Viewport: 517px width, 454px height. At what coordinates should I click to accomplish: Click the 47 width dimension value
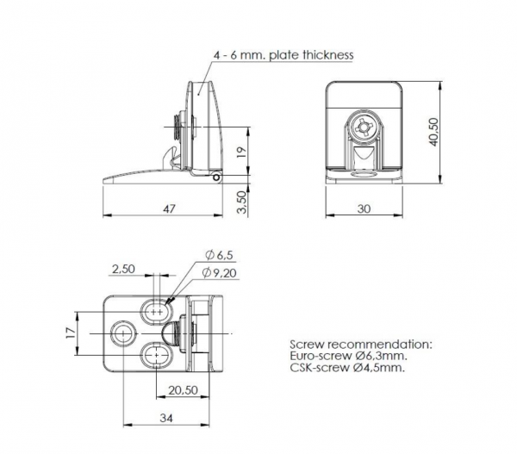(x=169, y=208)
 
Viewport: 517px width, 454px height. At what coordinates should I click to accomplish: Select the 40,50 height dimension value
(x=433, y=132)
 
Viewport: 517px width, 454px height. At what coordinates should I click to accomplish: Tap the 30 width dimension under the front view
(x=364, y=208)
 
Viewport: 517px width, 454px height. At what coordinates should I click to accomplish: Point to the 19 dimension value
(x=241, y=152)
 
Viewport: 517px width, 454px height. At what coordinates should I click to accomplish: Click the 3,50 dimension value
(x=242, y=202)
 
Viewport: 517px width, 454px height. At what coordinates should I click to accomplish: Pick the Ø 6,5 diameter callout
(x=219, y=255)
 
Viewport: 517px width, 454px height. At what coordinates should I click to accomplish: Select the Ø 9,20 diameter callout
(x=220, y=273)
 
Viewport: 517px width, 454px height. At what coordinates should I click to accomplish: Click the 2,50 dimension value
(x=123, y=269)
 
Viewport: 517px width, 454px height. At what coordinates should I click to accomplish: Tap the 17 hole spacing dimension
(x=72, y=333)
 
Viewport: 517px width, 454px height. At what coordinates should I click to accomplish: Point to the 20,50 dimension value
(x=183, y=390)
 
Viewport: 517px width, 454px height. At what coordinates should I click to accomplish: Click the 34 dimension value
(x=166, y=418)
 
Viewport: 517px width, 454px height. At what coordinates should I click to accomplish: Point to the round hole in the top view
(x=123, y=333)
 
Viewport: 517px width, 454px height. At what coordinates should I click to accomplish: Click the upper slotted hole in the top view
(x=156, y=312)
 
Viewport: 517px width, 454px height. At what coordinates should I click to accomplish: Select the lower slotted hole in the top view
(x=156, y=355)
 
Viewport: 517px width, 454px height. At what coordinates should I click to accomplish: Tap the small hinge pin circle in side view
(x=216, y=177)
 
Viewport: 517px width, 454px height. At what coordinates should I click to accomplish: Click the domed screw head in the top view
(x=170, y=333)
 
